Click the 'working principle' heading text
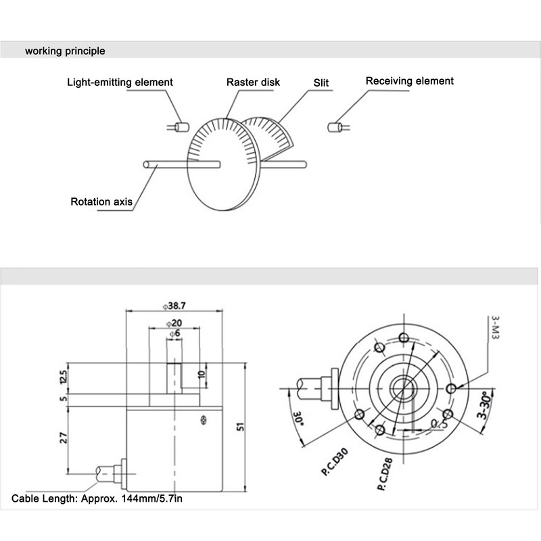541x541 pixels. pos(65,51)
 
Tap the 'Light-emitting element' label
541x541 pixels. pos(120,83)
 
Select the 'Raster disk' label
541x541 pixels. pos(253,83)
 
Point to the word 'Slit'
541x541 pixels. pos(321,83)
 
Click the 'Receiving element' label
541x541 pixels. pos(410,81)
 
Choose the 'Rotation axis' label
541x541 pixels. pos(101,202)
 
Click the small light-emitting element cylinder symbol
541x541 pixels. pos(181,126)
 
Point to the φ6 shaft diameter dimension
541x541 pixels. pos(174,334)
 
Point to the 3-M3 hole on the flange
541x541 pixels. pos(452,388)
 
